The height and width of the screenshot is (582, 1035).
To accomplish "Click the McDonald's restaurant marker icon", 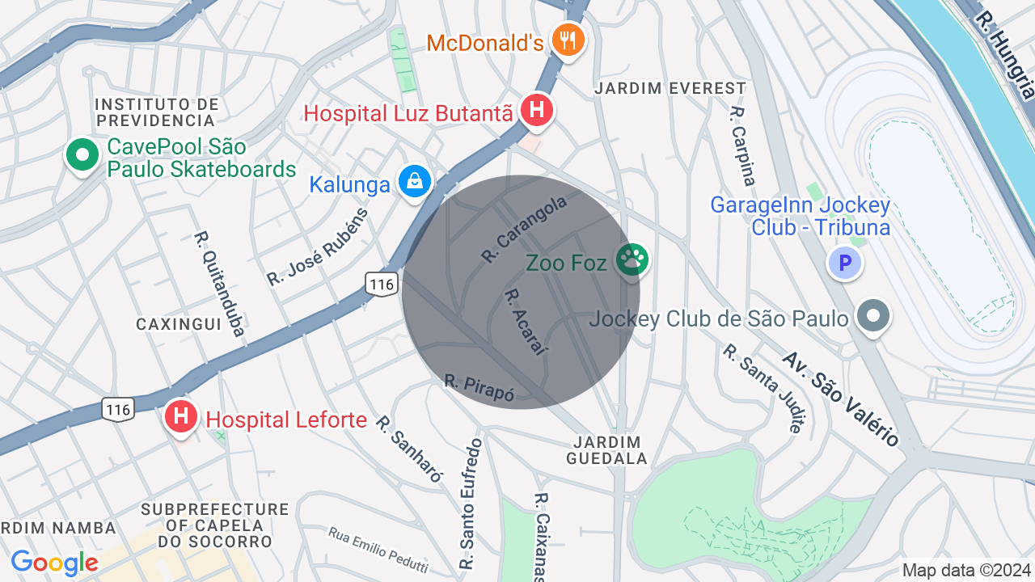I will [568, 38].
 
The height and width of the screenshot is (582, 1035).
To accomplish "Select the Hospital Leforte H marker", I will [181, 417].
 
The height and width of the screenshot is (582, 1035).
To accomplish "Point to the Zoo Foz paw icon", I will [632, 260].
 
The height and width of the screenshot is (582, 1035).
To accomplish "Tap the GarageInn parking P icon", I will [845, 263].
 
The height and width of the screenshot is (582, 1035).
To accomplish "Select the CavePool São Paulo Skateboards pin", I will [81, 155].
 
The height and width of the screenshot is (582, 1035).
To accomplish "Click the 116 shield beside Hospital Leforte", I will [118, 410].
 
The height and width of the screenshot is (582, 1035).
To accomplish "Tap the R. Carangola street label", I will [524, 231].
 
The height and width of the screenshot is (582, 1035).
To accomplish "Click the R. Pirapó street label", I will [479, 386].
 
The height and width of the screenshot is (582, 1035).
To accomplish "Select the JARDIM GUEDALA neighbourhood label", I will [609, 450].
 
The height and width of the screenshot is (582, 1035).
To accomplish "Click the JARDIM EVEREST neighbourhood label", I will [670, 88].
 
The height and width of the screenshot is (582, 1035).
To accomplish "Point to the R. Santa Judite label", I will [765, 388].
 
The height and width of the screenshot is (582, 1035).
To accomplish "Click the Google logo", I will [55, 563].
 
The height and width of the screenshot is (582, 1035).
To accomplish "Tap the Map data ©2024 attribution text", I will [967, 571].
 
